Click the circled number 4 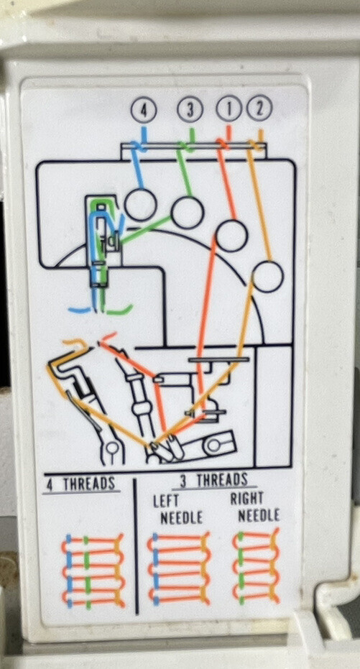tap(144, 111)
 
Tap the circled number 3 tap(190, 110)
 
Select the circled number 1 tap(229, 109)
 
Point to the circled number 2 tap(259, 109)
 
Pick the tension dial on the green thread tap(188, 212)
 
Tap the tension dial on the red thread tap(231, 236)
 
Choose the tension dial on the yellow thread tap(267, 276)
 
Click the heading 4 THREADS tap(80, 484)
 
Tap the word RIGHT tap(246, 499)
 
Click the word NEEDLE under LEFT tap(181, 517)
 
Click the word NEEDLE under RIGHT tap(259, 515)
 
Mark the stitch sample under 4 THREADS tap(93, 571)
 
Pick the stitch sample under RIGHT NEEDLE tap(256, 566)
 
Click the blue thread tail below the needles tap(80, 309)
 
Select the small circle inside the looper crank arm tap(212, 446)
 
